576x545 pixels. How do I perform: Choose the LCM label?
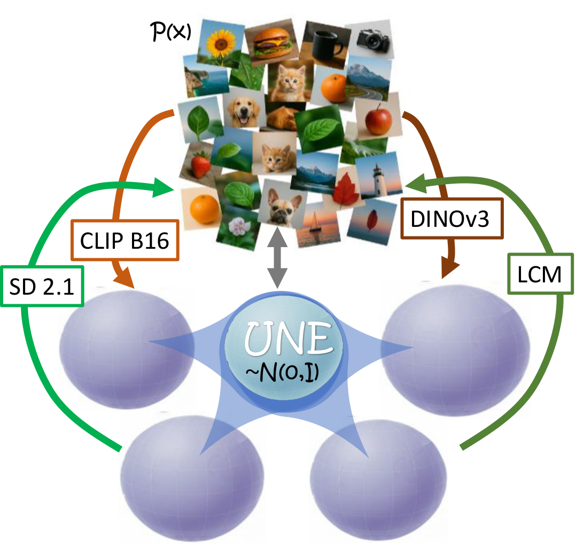click(540, 274)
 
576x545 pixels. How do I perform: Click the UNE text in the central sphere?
click(286, 338)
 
